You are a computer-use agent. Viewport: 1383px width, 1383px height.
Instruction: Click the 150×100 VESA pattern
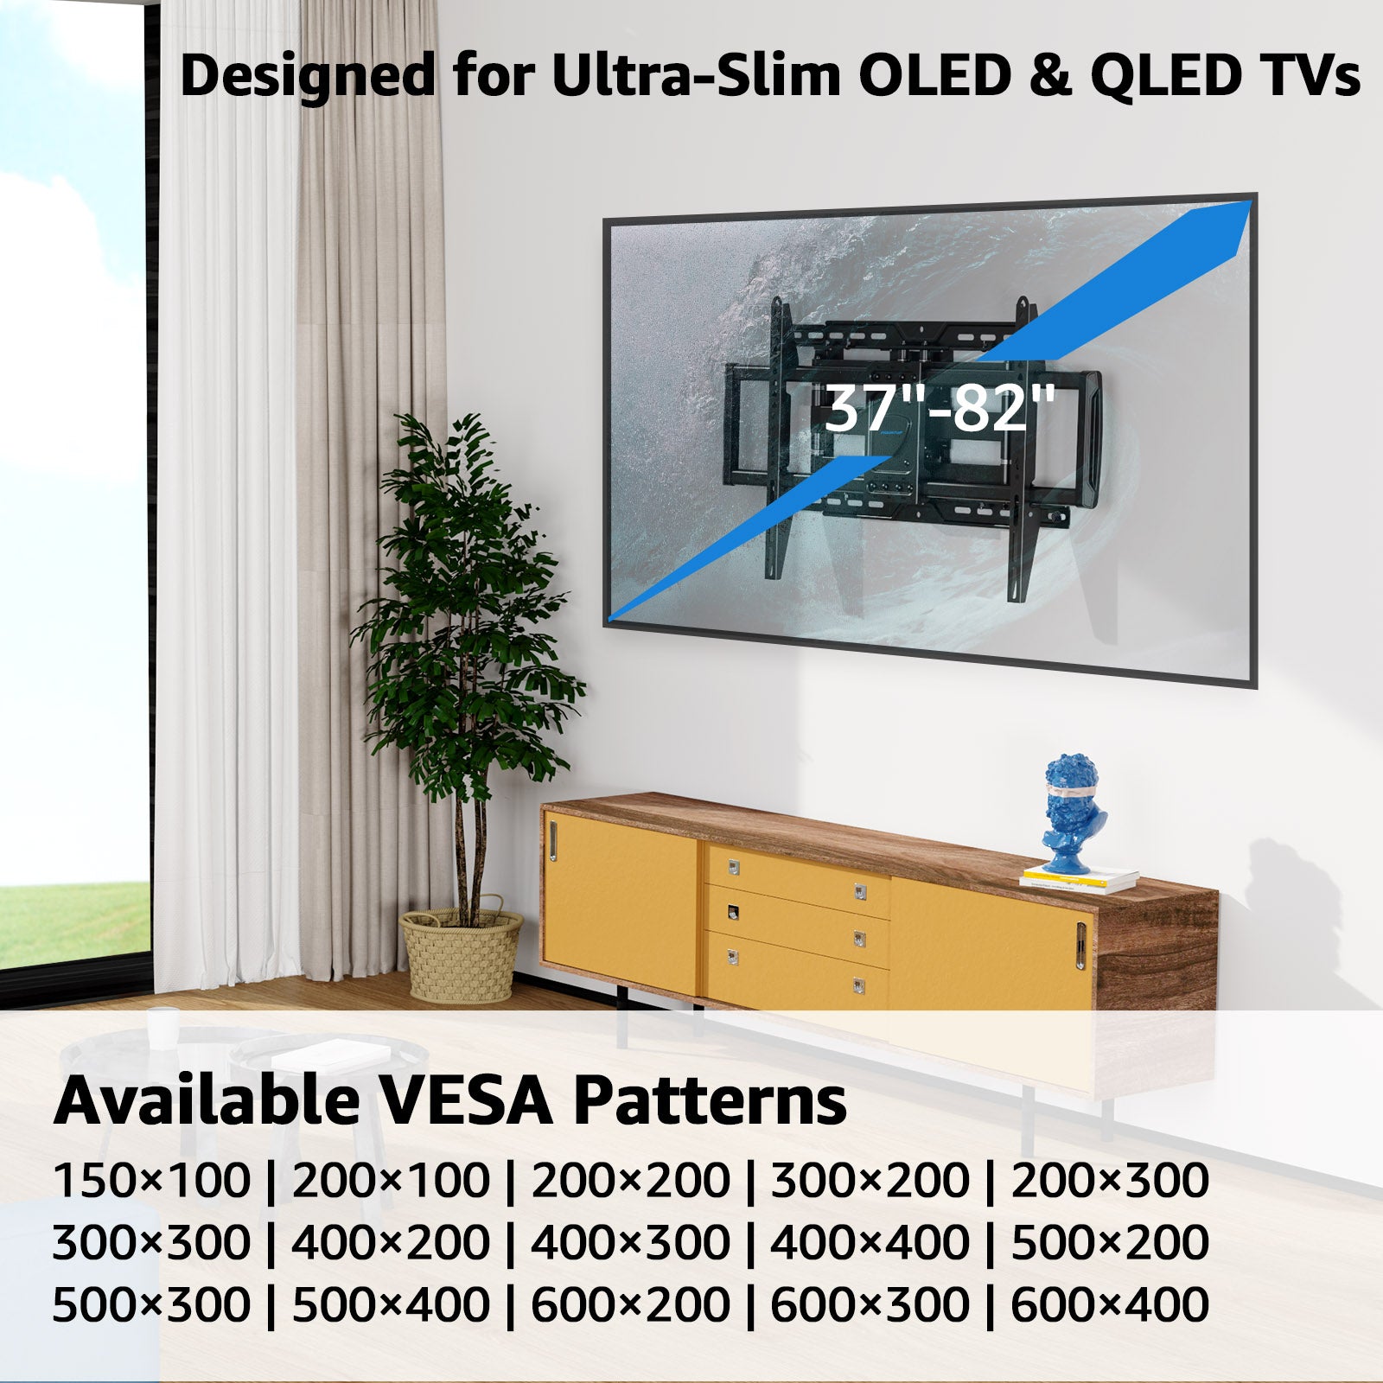pos(151,1181)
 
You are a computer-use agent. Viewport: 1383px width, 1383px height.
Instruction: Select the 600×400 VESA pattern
pos(1109,1304)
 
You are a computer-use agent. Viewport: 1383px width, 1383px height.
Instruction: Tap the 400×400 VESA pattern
pos(869,1243)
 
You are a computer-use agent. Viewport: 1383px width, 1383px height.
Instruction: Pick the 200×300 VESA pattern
pos(1109,1181)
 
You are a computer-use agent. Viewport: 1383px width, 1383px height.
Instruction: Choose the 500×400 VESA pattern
pos(391,1304)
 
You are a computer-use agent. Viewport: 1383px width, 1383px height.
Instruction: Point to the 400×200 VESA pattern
pos(391,1243)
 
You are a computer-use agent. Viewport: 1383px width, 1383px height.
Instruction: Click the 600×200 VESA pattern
pos(630,1304)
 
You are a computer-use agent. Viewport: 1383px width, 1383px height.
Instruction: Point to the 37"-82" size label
pos(940,408)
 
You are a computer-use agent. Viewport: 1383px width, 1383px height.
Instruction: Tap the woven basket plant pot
pos(462,955)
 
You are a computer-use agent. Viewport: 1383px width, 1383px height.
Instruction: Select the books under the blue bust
pos(1079,880)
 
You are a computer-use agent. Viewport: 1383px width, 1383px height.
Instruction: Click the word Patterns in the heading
pos(710,1101)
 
